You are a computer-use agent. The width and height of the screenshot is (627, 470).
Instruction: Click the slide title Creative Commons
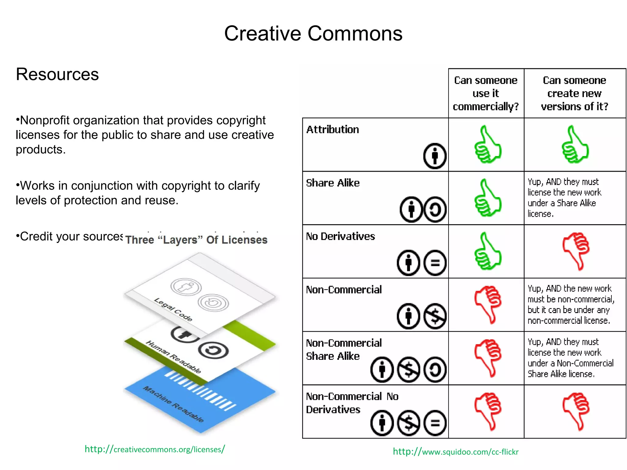click(313, 33)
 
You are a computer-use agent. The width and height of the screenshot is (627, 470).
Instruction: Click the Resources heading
click(57, 74)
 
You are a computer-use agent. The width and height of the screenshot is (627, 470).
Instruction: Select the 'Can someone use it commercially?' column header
click(486, 93)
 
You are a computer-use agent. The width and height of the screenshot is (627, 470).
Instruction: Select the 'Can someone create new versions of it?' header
click(575, 93)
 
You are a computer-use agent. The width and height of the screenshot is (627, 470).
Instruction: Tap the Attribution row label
click(332, 130)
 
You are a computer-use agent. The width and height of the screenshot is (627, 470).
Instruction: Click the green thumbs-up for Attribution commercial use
click(487, 144)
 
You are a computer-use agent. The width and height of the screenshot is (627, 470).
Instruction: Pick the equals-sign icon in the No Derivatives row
click(435, 263)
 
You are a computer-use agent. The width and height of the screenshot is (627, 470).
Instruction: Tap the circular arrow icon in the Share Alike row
click(435, 210)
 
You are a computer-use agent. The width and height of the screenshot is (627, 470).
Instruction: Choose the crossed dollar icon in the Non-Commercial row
click(435, 316)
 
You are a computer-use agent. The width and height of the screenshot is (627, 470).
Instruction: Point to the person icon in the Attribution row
click(435, 156)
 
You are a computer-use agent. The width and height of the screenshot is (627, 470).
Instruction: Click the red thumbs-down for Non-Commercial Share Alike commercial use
click(487, 358)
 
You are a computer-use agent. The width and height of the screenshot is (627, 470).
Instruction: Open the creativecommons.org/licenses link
click(155, 449)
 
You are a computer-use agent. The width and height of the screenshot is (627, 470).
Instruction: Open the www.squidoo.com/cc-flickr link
click(456, 452)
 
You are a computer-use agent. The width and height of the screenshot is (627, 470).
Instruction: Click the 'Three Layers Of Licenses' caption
click(196, 240)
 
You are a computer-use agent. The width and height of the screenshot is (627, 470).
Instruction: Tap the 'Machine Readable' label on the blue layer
click(174, 404)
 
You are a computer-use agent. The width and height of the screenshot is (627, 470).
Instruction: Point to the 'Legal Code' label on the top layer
click(173, 309)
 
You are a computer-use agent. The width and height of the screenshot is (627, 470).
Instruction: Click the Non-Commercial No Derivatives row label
click(352, 403)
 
